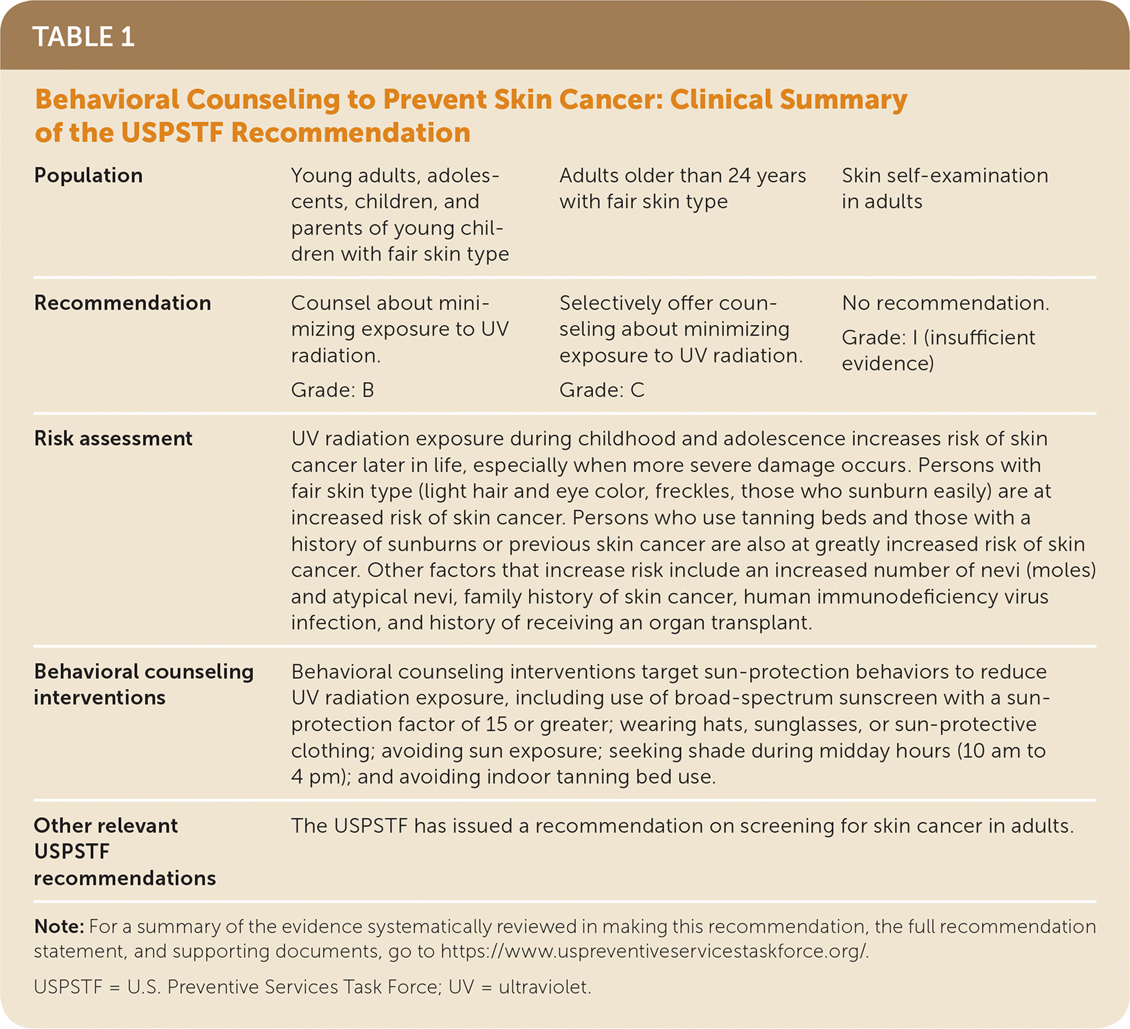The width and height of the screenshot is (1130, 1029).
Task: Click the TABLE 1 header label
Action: tap(84, 37)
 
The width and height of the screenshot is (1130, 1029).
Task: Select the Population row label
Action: tap(88, 175)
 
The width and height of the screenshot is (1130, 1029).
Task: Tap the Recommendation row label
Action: tap(122, 303)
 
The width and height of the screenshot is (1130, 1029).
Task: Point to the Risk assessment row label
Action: tap(113, 438)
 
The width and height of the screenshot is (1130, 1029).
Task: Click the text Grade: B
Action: tap(332, 390)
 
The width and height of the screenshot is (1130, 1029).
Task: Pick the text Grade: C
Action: tap(601, 390)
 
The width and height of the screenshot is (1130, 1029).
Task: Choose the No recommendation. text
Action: tap(945, 303)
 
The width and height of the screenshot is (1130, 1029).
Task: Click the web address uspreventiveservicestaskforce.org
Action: tap(654, 951)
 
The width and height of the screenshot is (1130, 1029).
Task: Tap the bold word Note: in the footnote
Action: tap(58, 927)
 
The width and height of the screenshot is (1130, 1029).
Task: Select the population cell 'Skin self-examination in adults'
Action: tap(944, 188)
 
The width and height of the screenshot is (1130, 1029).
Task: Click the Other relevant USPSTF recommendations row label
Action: tap(124, 852)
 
